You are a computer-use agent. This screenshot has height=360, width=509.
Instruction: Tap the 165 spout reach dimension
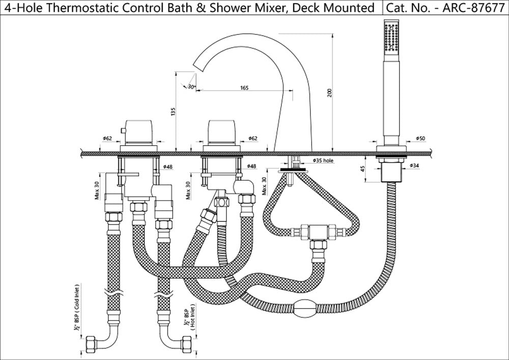click(x=244, y=88)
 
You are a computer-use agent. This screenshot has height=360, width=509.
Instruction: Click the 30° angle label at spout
click(x=191, y=87)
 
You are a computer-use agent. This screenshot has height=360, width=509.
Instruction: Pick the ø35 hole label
click(x=322, y=161)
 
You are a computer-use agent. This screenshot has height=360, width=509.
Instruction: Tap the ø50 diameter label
click(x=420, y=139)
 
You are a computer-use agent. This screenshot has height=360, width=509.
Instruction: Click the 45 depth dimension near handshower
click(x=362, y=169)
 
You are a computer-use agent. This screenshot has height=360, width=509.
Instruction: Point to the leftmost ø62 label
click(x=107, y=139)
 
